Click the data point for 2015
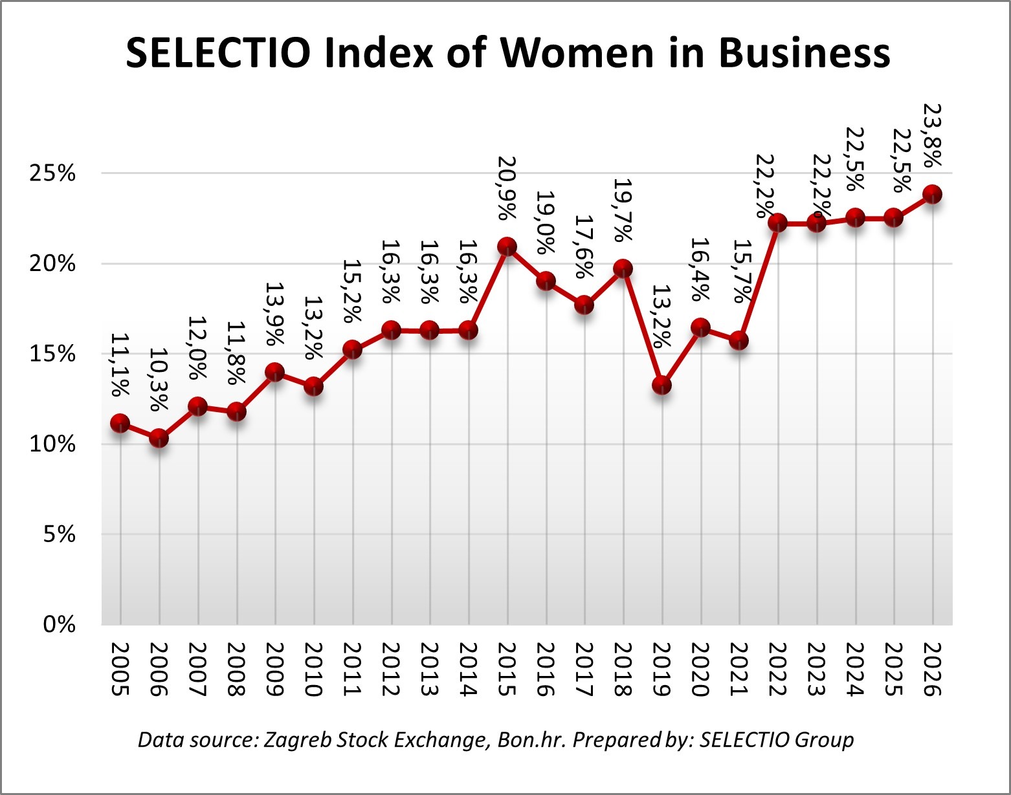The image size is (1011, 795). click(507, 246)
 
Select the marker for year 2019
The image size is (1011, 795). click(661, 386)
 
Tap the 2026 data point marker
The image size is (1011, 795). click(932, 194)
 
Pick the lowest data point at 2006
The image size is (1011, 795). click(159, 439)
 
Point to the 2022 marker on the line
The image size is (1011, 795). click(777, 223)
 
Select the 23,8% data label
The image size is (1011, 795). click(932, 136)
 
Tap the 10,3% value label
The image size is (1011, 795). click(159, 380)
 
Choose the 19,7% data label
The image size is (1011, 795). click(623, 211)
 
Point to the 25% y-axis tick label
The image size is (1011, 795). click(52, 173)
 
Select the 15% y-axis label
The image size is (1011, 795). click(52, 354)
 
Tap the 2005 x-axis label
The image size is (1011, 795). click(120, 669)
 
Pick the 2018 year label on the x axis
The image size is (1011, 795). click(623, 669)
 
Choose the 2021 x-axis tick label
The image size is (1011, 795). click(739, 669)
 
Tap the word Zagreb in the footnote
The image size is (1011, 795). click(297, 739)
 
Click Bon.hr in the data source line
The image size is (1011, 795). click(532, 739)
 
